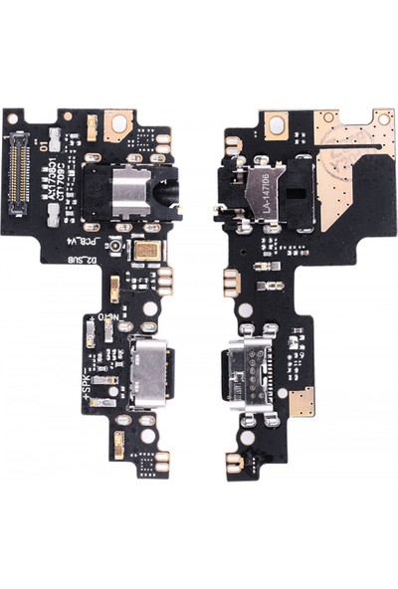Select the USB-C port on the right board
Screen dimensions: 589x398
(x=251, y=369)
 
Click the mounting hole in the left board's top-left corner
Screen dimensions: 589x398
(x=12, y=118)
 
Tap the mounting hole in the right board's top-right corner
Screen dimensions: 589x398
(x=384, y=118)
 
